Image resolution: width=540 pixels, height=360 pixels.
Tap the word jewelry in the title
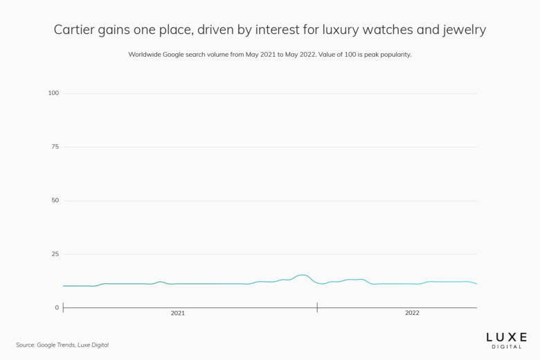point(463,30)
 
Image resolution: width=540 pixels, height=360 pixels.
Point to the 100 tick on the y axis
point(53,93)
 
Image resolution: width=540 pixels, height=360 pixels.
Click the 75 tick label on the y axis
point(55,147)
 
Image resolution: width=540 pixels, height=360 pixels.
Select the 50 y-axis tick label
point(55,201)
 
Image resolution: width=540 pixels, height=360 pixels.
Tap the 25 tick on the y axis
point(55,254)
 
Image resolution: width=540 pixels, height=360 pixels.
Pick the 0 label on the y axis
point(57,307)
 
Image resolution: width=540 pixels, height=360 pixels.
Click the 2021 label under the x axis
point(178,314)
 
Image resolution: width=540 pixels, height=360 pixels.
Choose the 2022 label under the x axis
point(412,314)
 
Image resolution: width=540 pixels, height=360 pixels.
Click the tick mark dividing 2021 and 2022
point(317,307)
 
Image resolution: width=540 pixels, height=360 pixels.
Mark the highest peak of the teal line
point(303,275)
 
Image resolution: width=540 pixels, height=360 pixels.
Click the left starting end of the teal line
point(64,286)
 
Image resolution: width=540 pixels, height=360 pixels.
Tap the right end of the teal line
point(476,284)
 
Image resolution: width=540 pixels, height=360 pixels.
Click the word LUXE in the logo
point(506,336)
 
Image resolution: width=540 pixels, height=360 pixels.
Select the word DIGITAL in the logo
point(506,346)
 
